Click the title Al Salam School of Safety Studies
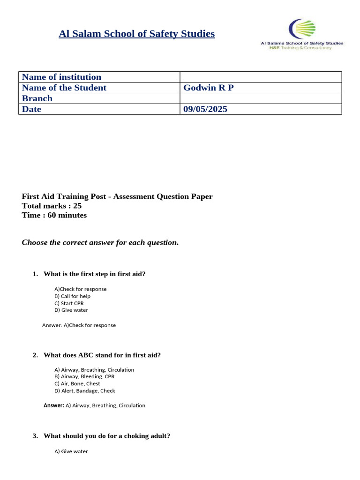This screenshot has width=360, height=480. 136,34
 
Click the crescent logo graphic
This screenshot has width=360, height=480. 301,29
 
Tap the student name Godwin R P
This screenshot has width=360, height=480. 208,88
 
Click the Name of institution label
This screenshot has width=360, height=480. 61,77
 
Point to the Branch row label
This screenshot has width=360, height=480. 37,98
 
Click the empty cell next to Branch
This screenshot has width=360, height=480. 261,98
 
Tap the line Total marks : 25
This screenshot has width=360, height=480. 52,206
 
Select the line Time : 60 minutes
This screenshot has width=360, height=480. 54,215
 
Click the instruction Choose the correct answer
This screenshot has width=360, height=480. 100,242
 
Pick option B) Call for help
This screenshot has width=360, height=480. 72,296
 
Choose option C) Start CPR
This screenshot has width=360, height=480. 69,303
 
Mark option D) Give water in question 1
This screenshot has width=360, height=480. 71,310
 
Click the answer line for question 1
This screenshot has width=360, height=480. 79,325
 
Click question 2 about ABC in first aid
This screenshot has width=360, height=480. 102,355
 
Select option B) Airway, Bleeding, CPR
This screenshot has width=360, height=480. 84,376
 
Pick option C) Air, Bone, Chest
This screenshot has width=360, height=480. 77,383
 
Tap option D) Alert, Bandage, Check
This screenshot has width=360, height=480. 84,390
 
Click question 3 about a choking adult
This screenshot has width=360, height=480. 106,435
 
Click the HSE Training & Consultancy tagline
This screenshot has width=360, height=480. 300,48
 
